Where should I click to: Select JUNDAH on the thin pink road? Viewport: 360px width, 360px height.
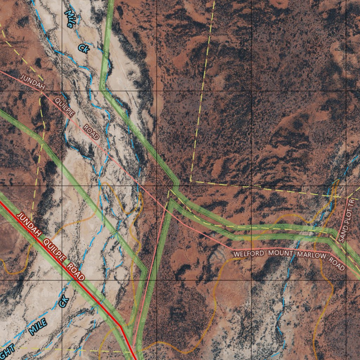pyautogui.click(x=32, y=82)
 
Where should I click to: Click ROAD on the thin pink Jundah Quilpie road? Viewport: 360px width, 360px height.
pyautogui.click(x=91, y=133)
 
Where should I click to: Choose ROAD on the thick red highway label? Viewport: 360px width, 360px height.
pyautogui.click(x=76, y=272)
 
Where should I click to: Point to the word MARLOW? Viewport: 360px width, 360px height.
pyautogui.click(x=311, y=256)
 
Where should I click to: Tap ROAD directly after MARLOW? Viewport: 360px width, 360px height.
pyautogui.click(x=336, y=263)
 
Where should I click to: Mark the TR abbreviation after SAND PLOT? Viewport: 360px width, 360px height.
pyautogui.click(x=350, y=203)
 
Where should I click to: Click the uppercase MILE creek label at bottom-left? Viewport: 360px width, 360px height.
pyautogui.click(x=38, y=326)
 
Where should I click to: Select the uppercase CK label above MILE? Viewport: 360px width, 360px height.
pyautogui.click(x=64, y=301)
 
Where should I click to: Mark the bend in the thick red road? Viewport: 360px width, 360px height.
pyautogui.click(x=120, y=326)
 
